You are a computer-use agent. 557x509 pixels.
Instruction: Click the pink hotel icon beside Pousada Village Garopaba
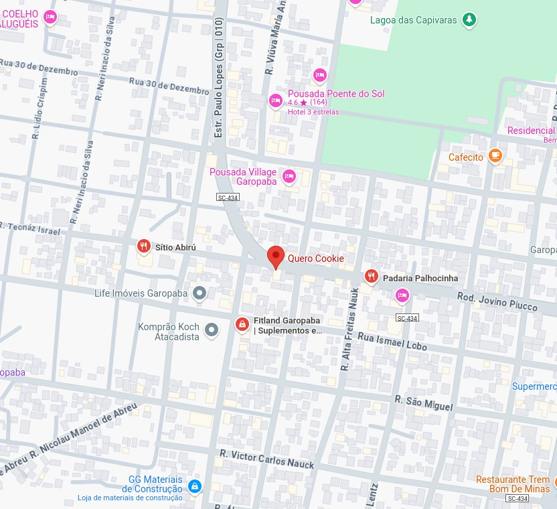pyautogui.click(x=289, y=177)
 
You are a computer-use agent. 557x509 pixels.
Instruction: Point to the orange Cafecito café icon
pyautogui.click(x=495, y=157)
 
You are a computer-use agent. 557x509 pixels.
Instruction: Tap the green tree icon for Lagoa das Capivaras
pyautogui.click(x=470, y=19)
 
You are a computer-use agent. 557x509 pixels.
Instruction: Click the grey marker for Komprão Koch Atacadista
pyautogui.click(x=212, y=330)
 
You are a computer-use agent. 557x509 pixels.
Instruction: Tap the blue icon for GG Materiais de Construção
pyautogui.click(x=194, y=486)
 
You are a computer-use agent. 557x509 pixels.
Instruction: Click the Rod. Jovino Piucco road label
pyautogui.click(x=497, y=301)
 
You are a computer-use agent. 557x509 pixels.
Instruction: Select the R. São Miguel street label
pyautogui.click(x=423, y=403)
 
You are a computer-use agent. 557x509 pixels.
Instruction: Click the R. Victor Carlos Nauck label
pyautogui.click(x=266, y=459)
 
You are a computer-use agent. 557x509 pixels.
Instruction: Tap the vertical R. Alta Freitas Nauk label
pyautogui.click(x=349, y=329)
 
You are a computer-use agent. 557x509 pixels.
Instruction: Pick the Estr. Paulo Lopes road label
pyautogui.click(x=218, y=78)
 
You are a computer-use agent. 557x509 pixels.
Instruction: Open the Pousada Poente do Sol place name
pyautogui.click(x=336, y=94)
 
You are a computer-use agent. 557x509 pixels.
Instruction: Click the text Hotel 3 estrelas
pyautogui.click(x=313, y=112)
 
